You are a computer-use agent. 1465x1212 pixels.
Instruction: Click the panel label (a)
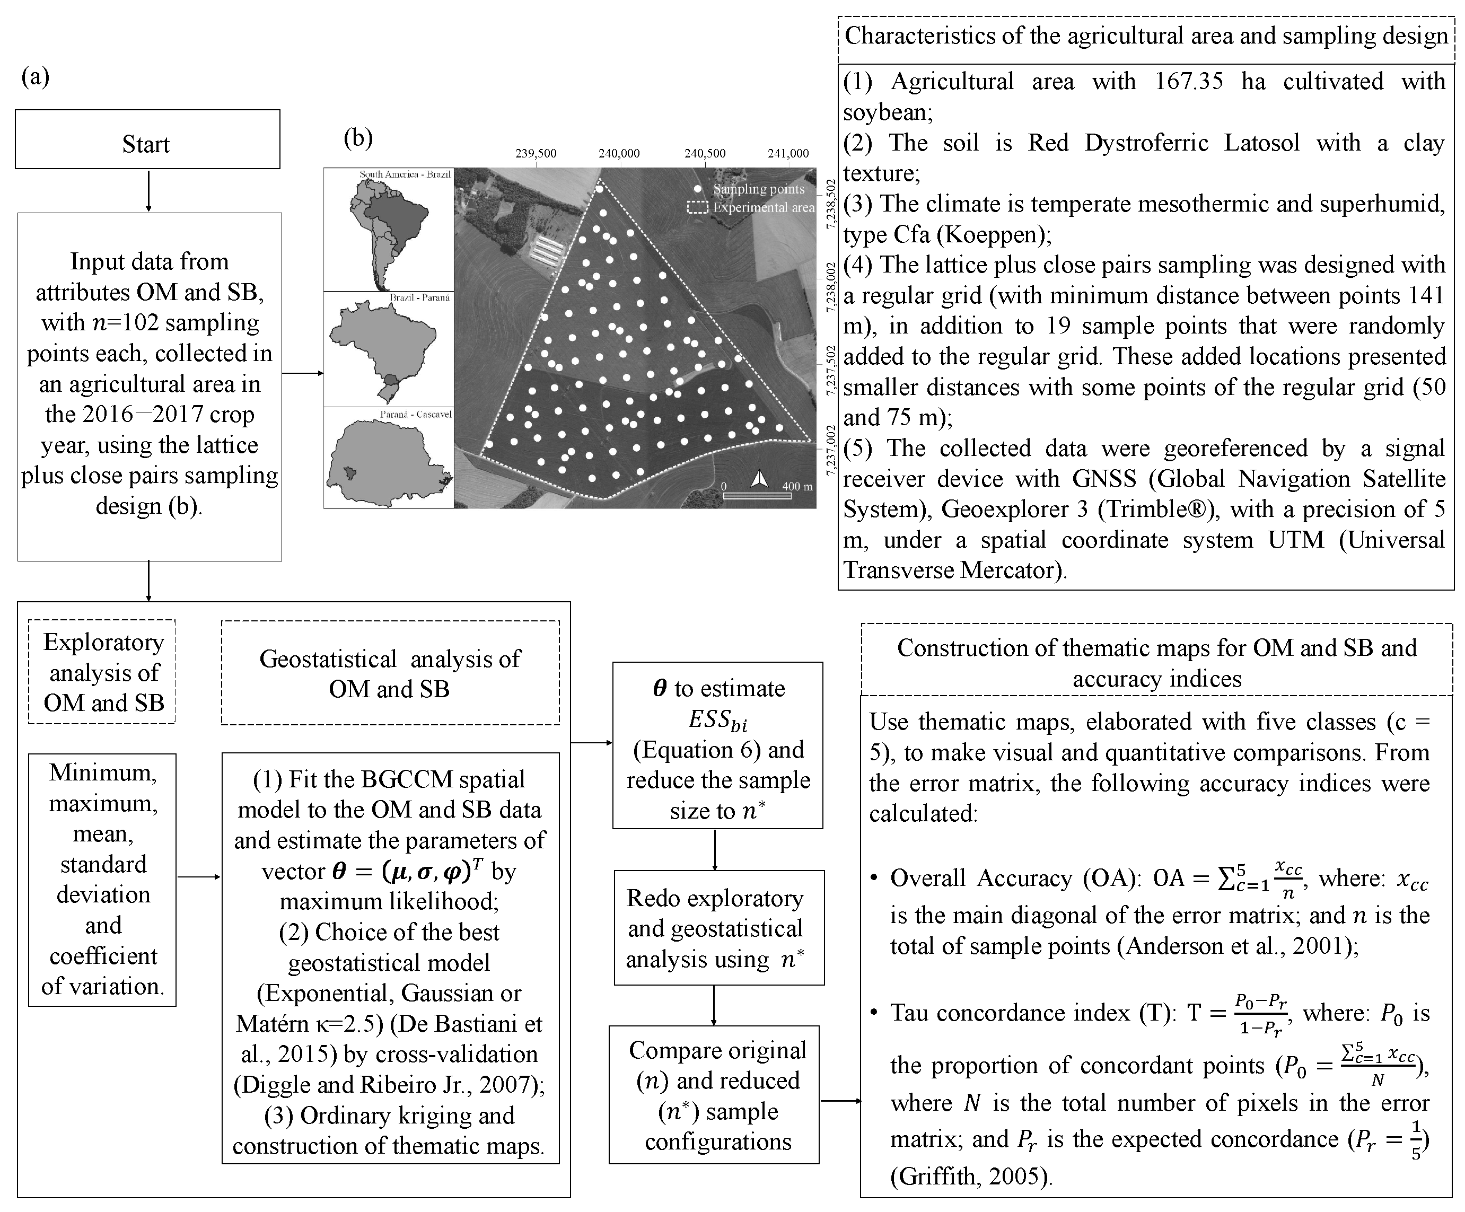36,76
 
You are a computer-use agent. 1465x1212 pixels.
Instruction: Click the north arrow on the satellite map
760,479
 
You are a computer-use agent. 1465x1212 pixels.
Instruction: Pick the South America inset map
389,230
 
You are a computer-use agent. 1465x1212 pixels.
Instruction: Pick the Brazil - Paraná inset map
389,349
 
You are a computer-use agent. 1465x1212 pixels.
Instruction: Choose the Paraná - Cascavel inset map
389,458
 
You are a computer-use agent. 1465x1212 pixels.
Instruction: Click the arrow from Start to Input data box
148,190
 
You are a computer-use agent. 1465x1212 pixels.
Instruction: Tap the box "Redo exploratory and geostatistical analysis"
718,928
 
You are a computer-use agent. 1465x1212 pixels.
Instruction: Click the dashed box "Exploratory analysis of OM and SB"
102,672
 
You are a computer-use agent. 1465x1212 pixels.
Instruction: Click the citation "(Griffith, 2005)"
970,1176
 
